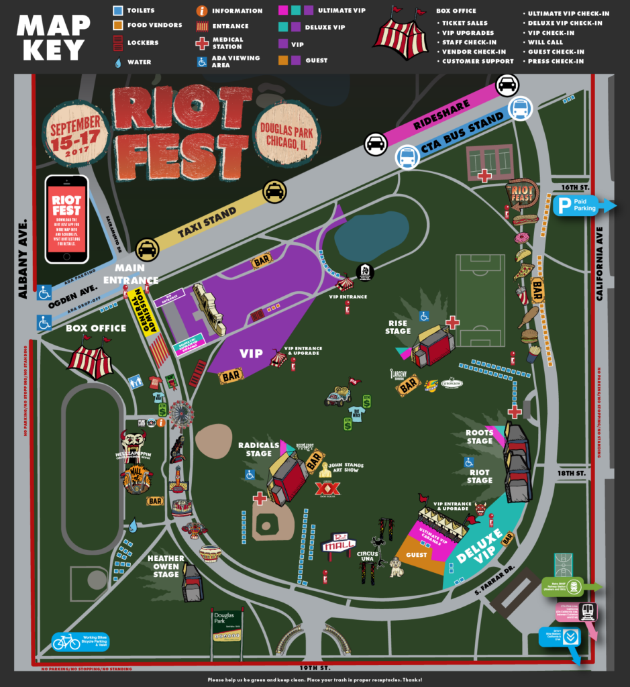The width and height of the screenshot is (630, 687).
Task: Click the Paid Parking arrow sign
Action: tap(582, 205)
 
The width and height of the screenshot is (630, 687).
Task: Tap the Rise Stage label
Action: tap(398, 327)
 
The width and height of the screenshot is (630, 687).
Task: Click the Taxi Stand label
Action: tap(207, 221)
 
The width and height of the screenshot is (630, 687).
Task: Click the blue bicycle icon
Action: tap(66, 642)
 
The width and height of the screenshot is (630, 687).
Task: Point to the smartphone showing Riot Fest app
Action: tap(66, 219)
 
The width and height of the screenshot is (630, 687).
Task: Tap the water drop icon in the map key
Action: tap(119, 62)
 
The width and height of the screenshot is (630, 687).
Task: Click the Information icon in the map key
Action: tap(201, 11)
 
